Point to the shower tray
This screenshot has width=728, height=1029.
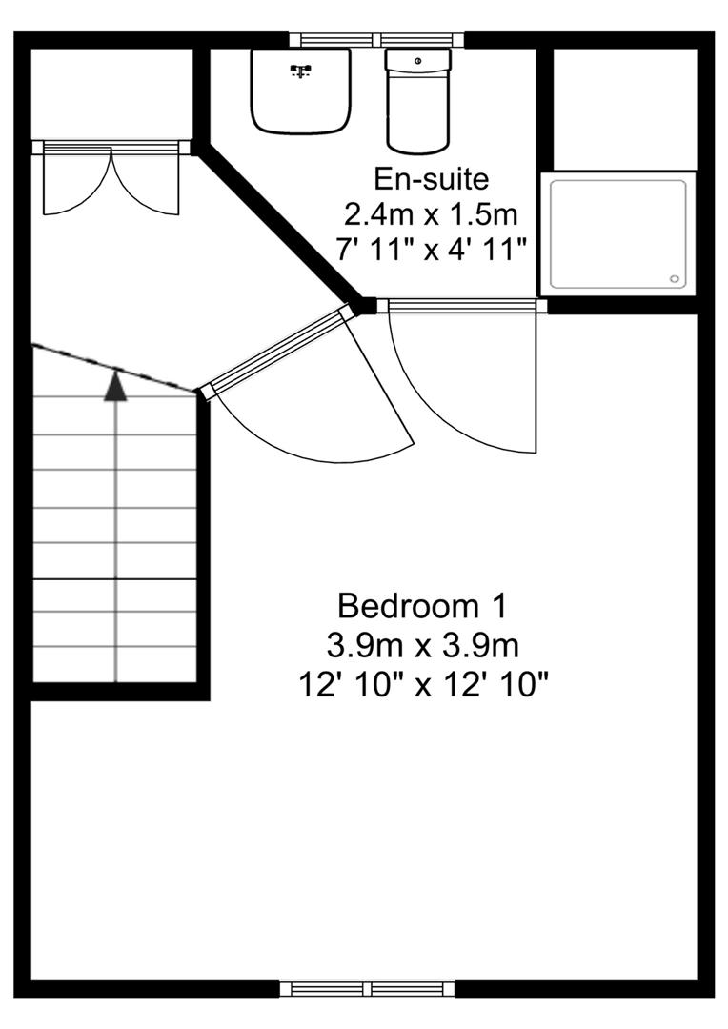pos(619,233)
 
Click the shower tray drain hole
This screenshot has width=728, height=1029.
pos(675,279)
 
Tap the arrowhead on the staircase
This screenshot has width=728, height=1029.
pos(115,386)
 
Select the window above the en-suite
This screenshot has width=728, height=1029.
pos(377,40)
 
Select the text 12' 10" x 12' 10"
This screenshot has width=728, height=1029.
pos(423,684)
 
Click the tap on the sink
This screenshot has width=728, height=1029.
pos(300,69)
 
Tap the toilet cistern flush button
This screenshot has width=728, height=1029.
pos(417,61)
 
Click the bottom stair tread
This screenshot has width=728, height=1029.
pos(115,665)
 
